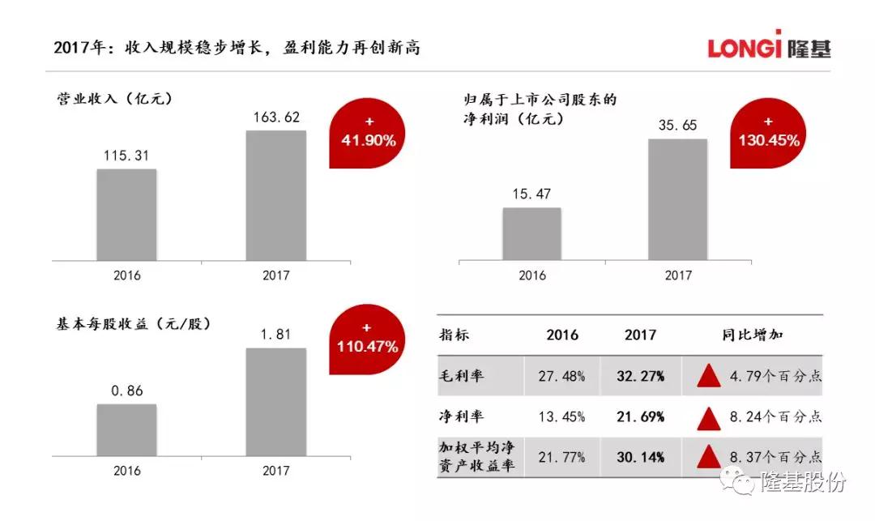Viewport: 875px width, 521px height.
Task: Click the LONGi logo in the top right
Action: [768, 46]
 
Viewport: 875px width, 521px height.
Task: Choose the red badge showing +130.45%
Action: [768, 134]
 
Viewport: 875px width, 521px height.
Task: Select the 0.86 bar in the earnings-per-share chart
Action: [126, 429]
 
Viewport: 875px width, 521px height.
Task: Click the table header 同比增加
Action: [752, 335]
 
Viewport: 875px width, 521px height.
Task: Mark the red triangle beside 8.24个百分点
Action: [709, 418]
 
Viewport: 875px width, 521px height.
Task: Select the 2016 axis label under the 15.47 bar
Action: [531, 275]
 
